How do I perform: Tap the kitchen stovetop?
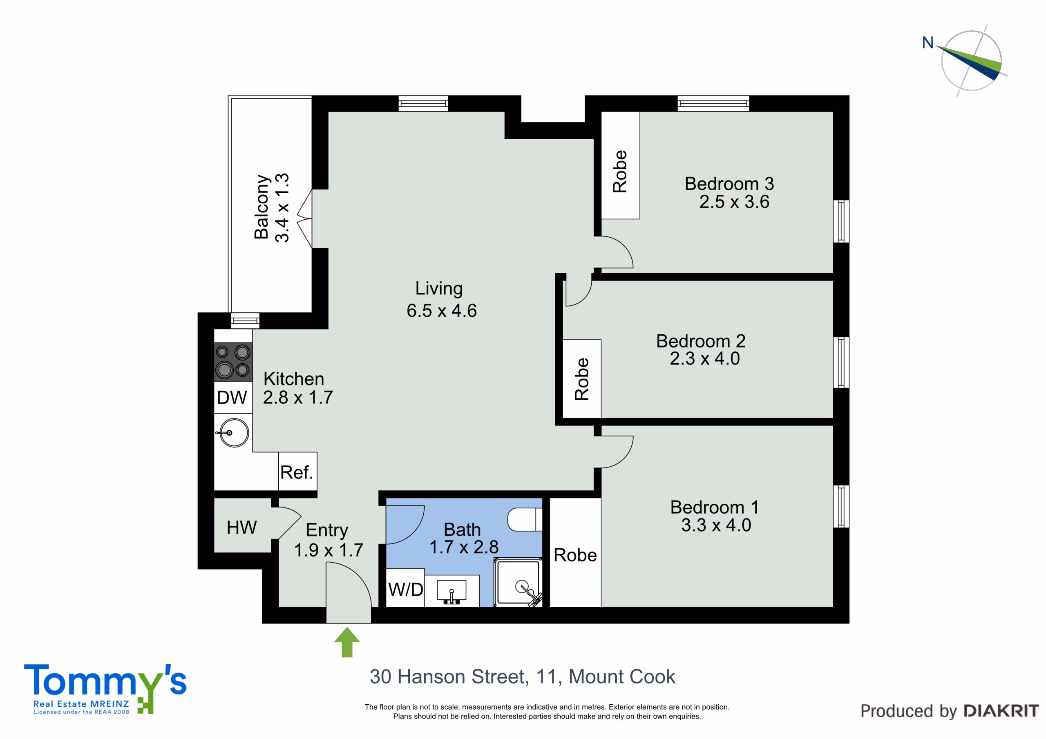(233, 361)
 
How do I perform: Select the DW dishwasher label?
(232, 398)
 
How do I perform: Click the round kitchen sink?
(234, 432)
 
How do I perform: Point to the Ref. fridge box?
(297, 472)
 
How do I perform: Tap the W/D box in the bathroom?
(405, 588)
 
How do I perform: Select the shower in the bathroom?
(518, 583)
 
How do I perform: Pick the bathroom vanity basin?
(451, 591)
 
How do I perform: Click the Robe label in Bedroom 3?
(620, 171)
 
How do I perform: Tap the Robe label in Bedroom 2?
(582, 379)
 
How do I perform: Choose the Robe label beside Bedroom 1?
(575, 555)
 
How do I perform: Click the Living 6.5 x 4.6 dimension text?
(441, 311)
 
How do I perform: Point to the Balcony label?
(261, 207)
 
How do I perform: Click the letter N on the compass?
(928, 42)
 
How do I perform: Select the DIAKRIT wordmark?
(1001, 711)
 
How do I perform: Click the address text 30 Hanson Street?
(449, 677)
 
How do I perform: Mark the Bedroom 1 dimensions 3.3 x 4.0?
(716, 525)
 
